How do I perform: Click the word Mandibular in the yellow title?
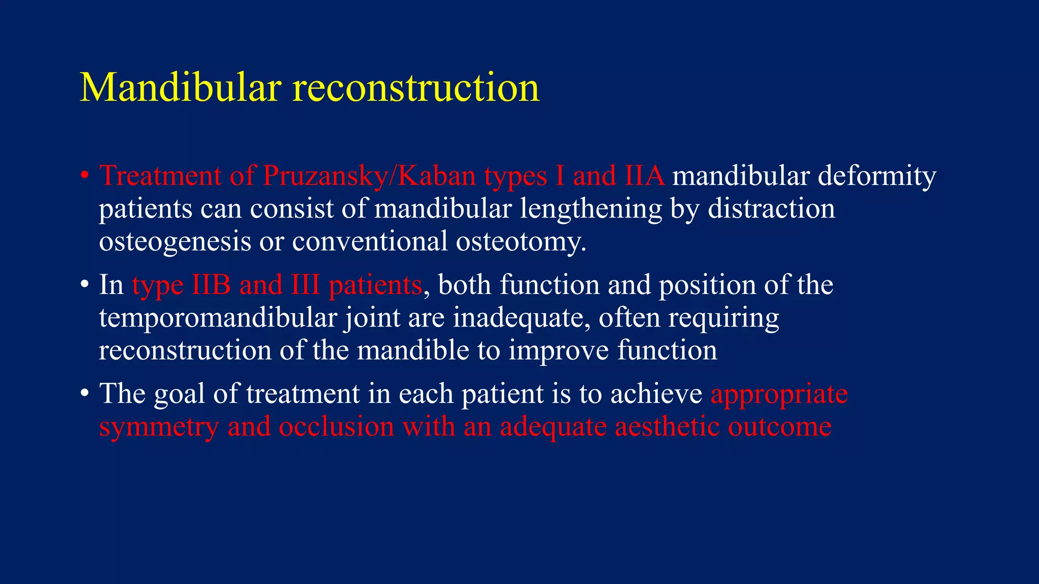181,88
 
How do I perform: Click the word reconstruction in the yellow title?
416,88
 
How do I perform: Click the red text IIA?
644,176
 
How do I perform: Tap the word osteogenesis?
175,242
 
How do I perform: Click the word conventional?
369,242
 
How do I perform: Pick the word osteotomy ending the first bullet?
520,242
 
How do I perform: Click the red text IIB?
211,285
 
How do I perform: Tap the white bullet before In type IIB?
85,285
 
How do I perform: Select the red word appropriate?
779,394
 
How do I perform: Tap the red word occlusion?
336,427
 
